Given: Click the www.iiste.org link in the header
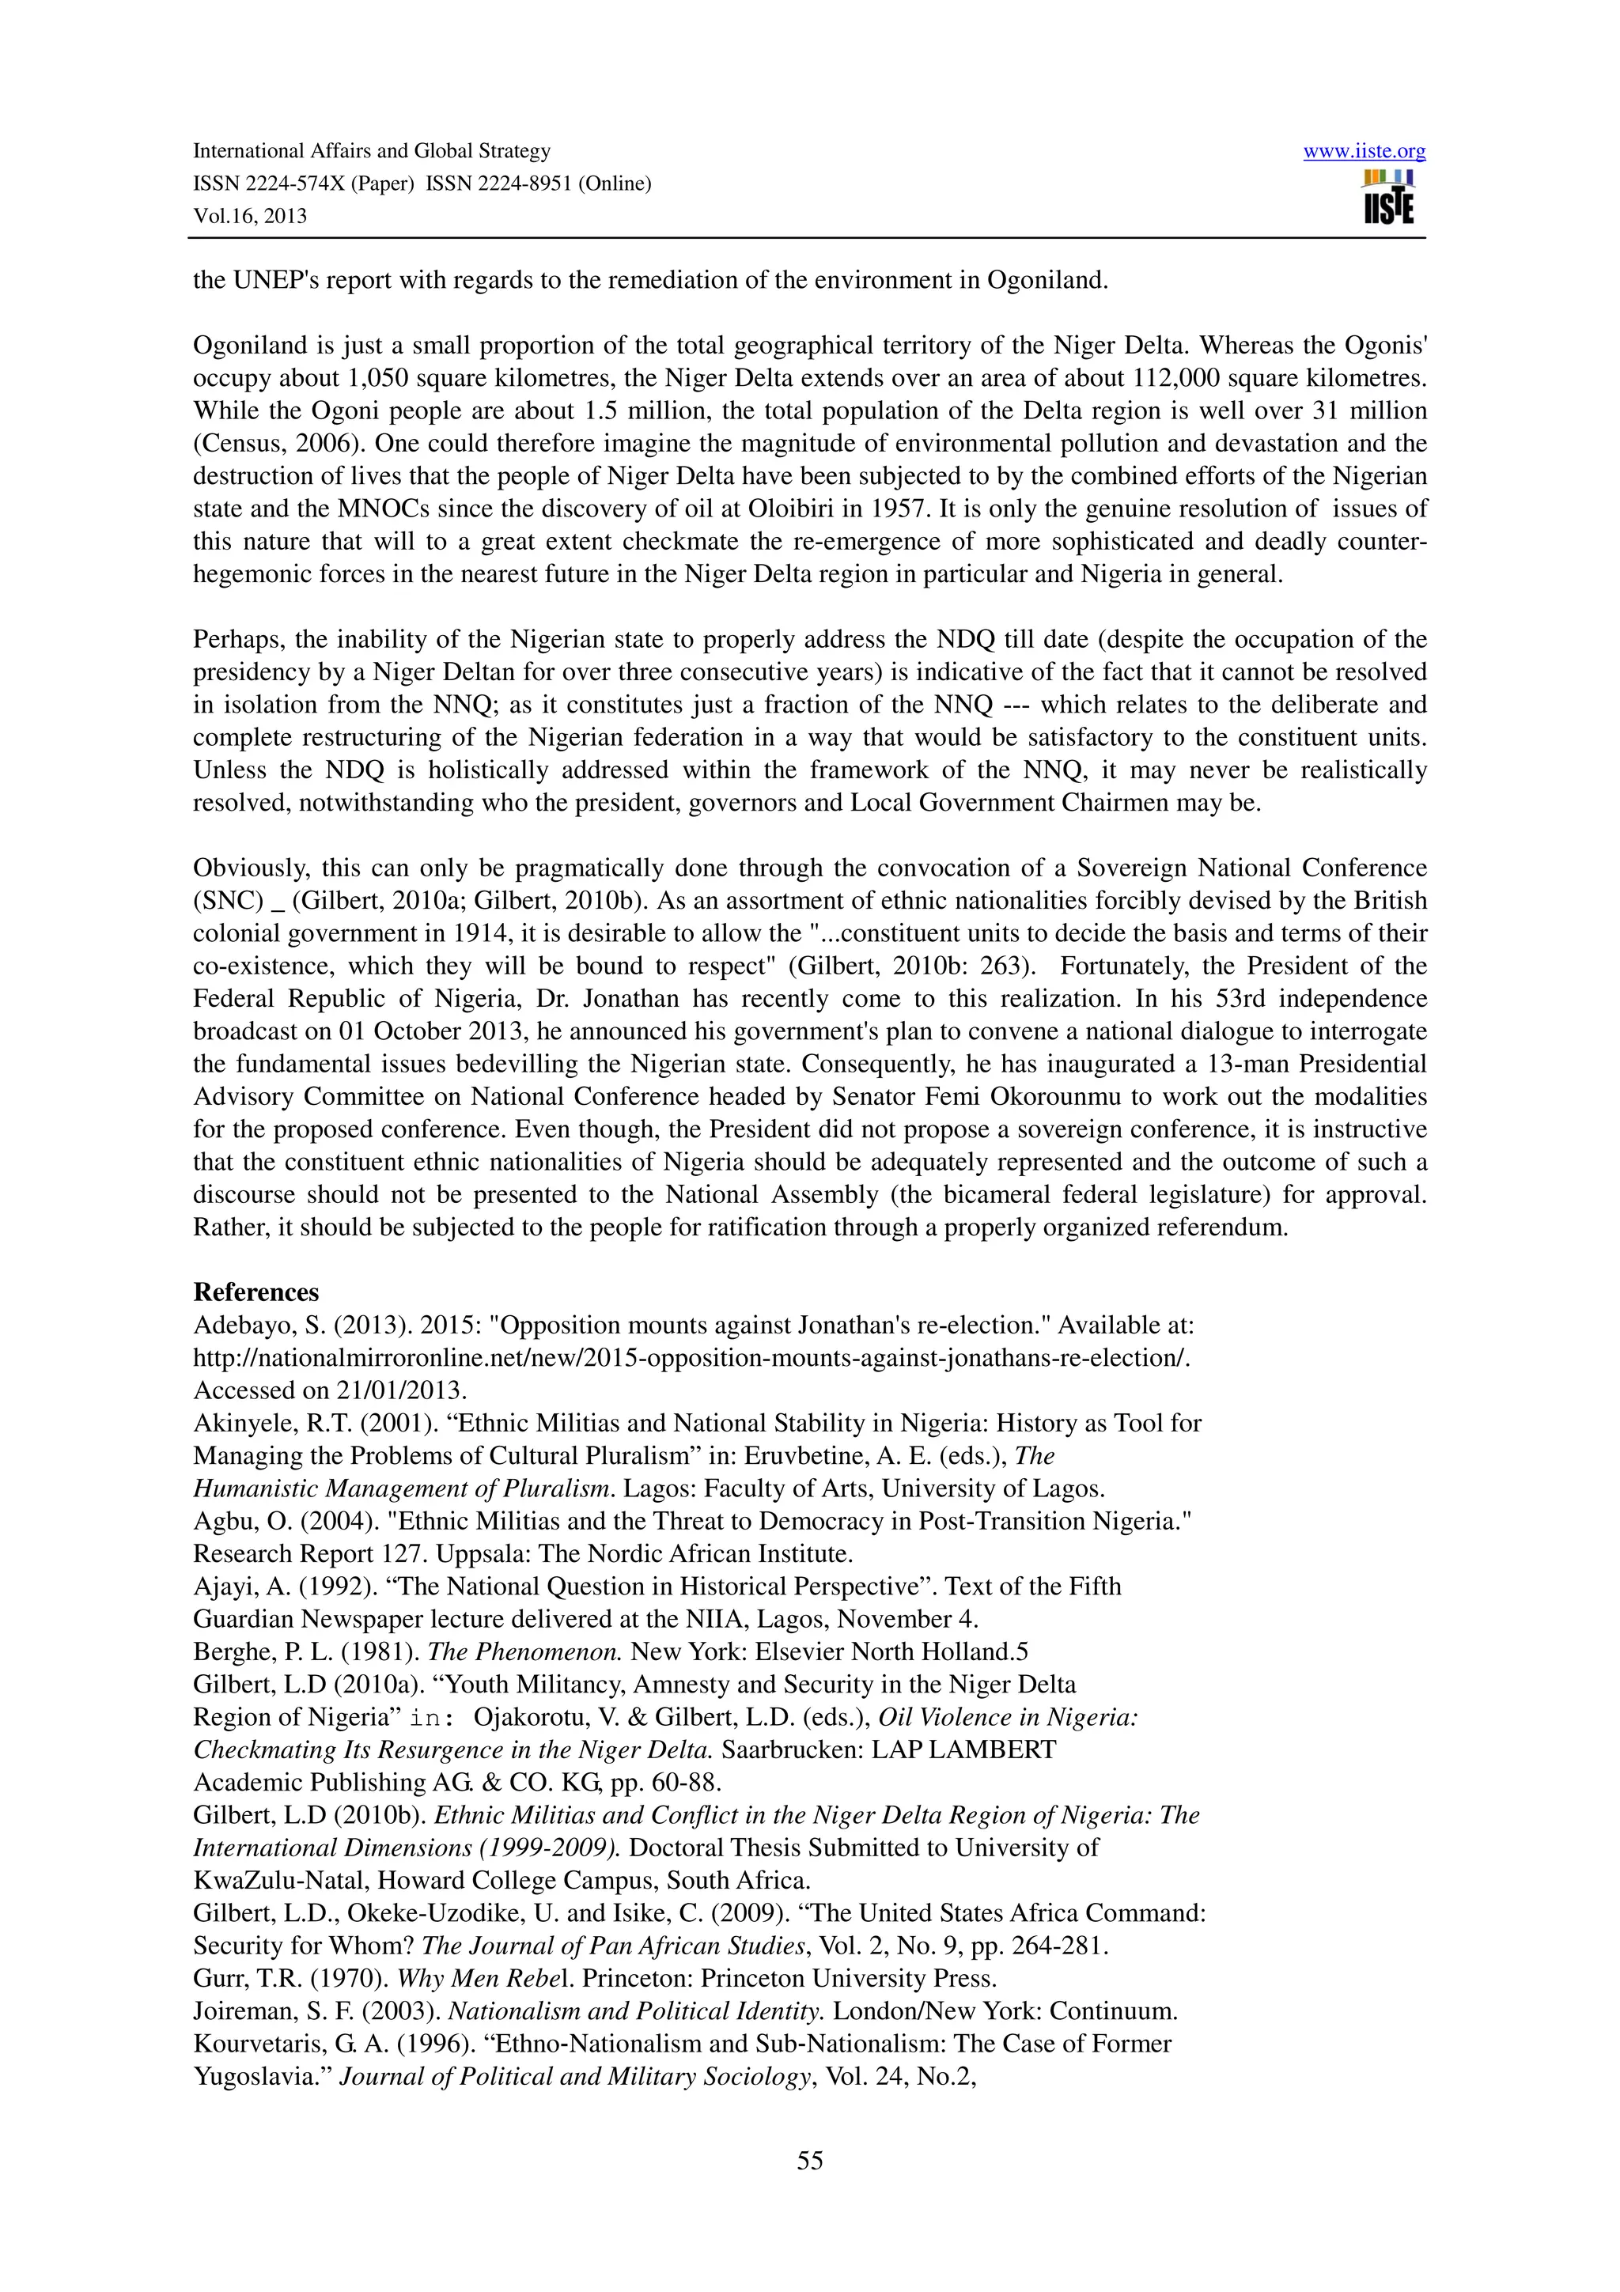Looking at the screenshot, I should coord(1364,152).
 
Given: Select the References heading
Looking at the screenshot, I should coord(255,1293).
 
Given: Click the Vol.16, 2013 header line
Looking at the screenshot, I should coord(249,217).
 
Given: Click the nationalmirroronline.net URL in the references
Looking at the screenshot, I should coord(691,1359).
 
